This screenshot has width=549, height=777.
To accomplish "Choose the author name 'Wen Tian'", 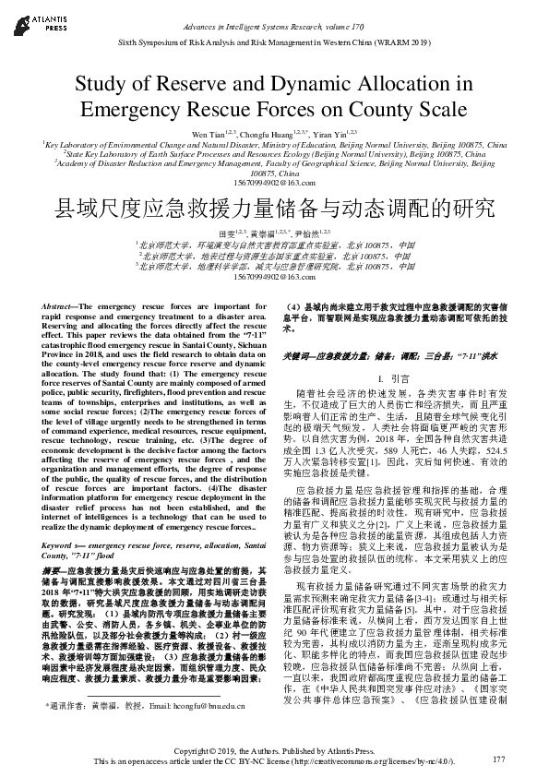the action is click(x=205, y=135).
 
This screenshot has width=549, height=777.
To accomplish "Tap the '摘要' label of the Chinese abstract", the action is click(x=54, y=544).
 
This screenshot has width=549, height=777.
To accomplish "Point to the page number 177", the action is click(x=499, y=759).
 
